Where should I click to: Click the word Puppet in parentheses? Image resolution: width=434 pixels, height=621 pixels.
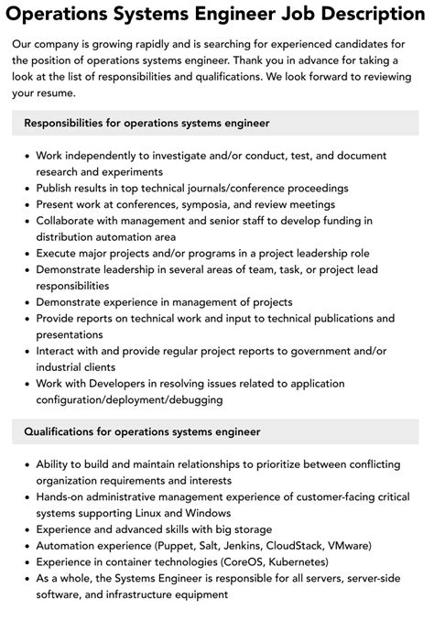point(194,546)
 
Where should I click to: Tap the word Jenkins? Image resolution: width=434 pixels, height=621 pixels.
point(264,546)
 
